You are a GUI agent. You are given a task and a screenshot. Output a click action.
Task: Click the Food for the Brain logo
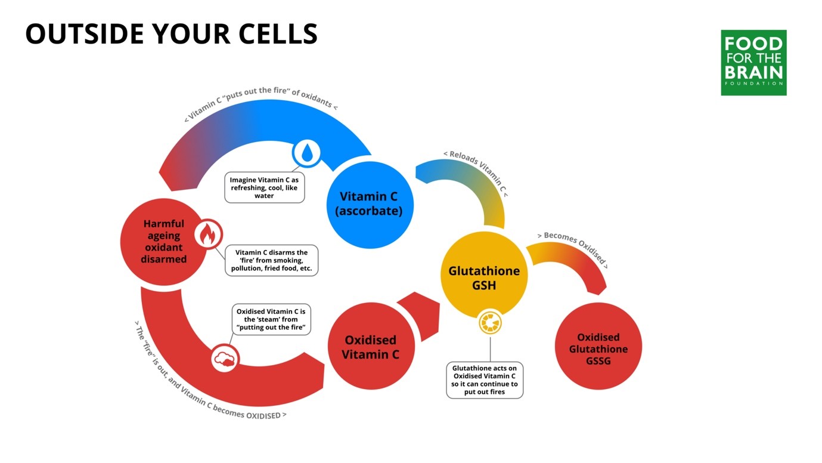tap(753, 63)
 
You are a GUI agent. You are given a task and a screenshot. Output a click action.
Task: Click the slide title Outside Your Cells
tap(171, 34)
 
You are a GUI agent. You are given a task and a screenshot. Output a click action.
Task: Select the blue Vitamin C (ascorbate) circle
tap(370, 204)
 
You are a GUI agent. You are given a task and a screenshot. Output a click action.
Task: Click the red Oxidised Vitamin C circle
tap(371, 347)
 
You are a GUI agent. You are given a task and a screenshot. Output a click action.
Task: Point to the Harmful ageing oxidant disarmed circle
tap(163, 242)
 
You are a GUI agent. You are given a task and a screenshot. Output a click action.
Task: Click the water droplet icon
tap(306, 153)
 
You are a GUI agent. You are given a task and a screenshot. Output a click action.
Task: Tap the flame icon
tap(208, 234)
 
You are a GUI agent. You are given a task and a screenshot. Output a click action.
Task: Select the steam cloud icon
tap(226, 359)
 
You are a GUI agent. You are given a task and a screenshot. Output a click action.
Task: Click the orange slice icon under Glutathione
tap(490, 323)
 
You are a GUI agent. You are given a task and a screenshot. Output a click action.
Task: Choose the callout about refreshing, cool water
tap(264, 187)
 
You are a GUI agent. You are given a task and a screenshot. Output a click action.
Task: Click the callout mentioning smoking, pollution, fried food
tap(271, 260)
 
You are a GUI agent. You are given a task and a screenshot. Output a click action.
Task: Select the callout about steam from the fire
tap(271, 319)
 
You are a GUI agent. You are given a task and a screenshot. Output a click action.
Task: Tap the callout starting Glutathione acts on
tap(484, 380)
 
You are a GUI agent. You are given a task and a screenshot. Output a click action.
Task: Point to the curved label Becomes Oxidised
tap(573, 248)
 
